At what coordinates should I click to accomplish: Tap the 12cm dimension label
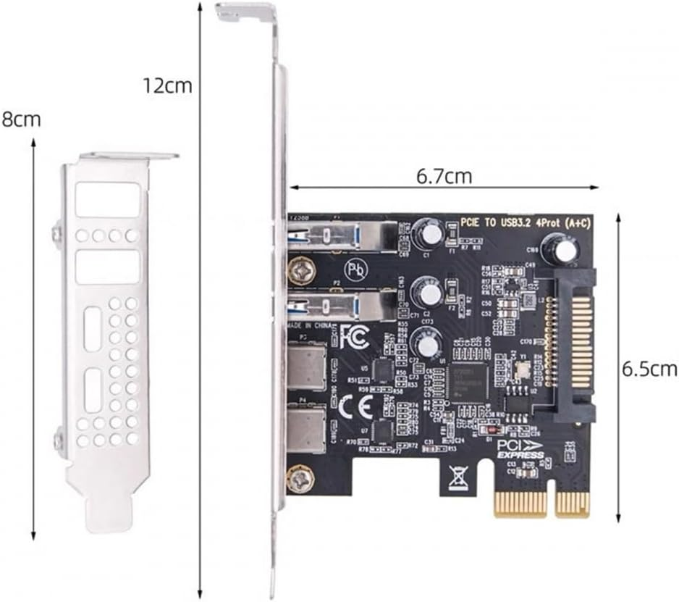pyautogui.click(x=166, y=85)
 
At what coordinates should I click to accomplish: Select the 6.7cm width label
pyautogui.click(x=444, y=175)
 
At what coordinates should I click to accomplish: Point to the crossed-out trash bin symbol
pyautogui.click(x=457, y=477)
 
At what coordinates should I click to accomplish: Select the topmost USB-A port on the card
pyautogui.click(x=340, y=236)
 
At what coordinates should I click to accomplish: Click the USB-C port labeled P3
pyautogui.click(x=307, y=367)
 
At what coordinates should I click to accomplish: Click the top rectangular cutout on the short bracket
pyautogui.click(x=107, y=200)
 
